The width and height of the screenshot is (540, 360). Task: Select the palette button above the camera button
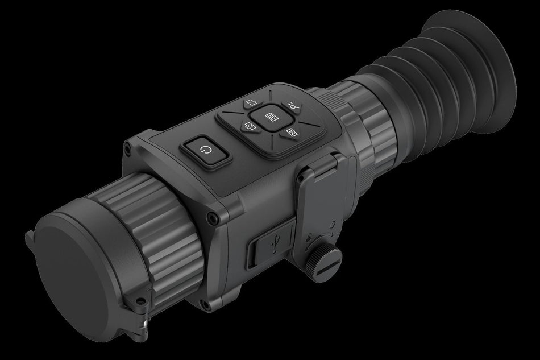(x=250, y=104)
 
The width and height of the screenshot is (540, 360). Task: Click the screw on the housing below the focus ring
(x=211, y=217)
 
